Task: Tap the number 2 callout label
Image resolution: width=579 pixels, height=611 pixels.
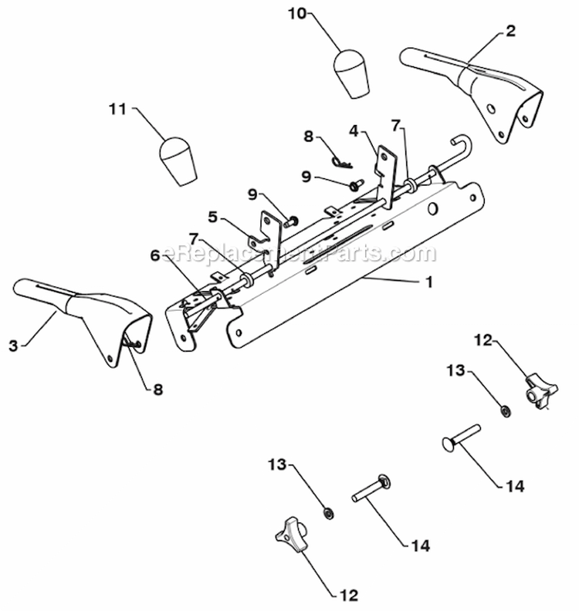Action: tap(511, 32)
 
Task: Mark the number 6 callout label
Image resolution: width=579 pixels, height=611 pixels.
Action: tap(155, 255)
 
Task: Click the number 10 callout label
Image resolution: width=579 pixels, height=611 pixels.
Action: tap(297, 13)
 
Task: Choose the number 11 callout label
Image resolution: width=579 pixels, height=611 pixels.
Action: tap(117, 110)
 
